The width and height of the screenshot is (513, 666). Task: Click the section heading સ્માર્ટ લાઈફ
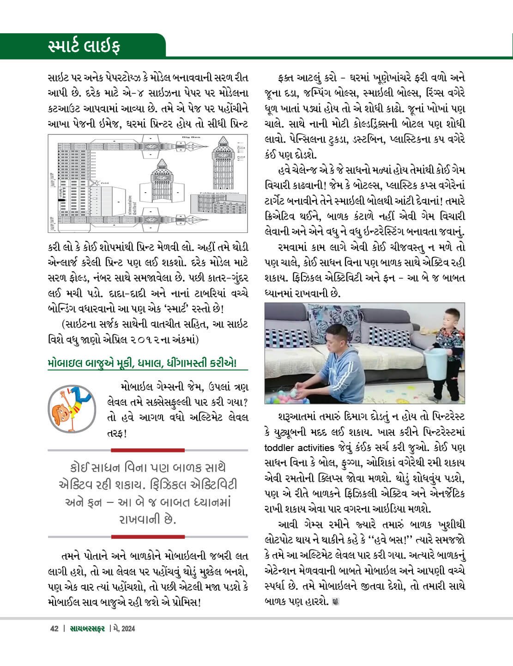pos(84,47)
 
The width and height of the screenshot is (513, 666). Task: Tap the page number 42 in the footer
pos(54,628)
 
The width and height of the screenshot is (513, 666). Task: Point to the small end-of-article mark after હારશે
pos(335,602)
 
